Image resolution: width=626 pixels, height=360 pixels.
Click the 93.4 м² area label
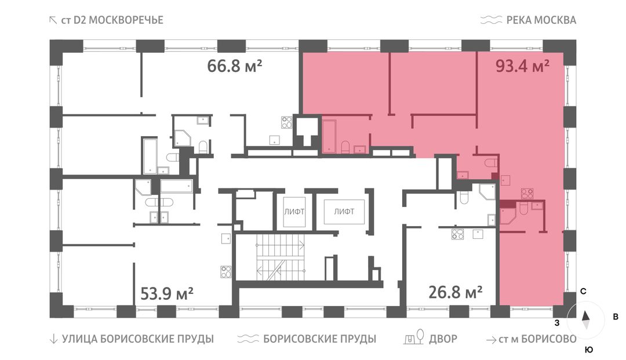(x=522, y=66)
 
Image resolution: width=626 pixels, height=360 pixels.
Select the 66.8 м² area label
(x=234, y=66)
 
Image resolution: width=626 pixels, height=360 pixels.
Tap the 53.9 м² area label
(x=167, y=294)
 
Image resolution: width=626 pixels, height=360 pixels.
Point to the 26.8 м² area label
(x=455, y=293)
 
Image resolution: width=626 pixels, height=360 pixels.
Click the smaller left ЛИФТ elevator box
(x=294, y=212)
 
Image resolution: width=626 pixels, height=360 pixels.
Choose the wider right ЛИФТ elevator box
(x=344, y=212)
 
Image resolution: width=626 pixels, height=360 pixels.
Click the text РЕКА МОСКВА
(x=541, y=20)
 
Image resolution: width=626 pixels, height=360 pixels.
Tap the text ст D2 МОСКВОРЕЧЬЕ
(x=112, y=20)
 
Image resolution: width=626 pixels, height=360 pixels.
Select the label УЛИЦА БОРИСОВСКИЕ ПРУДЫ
(x=138, y=339)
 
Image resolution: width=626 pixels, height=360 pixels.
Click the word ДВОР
(x=443, y=339)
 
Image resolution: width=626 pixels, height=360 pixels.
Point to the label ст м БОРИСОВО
(x=537, y=339)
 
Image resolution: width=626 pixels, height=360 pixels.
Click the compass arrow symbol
(x=585, y=320)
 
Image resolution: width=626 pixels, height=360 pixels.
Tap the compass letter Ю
(x=589, y=350)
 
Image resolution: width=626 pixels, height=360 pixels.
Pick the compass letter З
(x=556, y=322)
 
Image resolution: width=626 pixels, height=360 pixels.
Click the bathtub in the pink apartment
(x=329, y=136)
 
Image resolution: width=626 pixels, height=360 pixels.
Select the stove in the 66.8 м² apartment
(x=287, y=122)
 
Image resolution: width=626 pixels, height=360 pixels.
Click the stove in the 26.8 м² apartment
(x=457, y=234)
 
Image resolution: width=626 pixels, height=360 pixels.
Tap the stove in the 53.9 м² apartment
(x=226, y=272)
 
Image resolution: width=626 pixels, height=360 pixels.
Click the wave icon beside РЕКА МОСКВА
(x=491, y=20)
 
